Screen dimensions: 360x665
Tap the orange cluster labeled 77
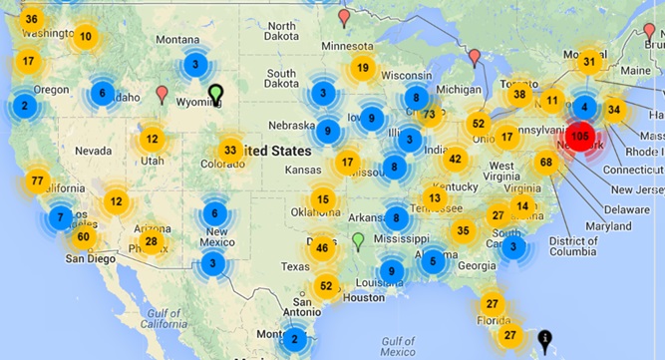[x=38, y=181]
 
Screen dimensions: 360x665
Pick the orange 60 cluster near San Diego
[x=83, y=236]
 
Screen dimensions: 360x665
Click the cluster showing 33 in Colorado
[x=230, y=151]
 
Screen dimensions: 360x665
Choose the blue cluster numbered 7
[x=61, y=217]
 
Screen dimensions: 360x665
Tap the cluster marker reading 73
[x=429, y=115]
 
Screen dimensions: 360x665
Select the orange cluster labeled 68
[x=545, y=163]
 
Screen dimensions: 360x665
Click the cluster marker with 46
[x=322, y=248]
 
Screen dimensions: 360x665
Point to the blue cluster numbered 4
[x=585, y=106]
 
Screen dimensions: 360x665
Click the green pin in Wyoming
[x=215, y=95]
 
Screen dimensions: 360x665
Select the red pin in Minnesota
[x=345, y=18]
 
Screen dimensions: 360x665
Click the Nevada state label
[x=94, y=151]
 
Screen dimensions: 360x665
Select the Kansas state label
[x=303, y=171]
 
